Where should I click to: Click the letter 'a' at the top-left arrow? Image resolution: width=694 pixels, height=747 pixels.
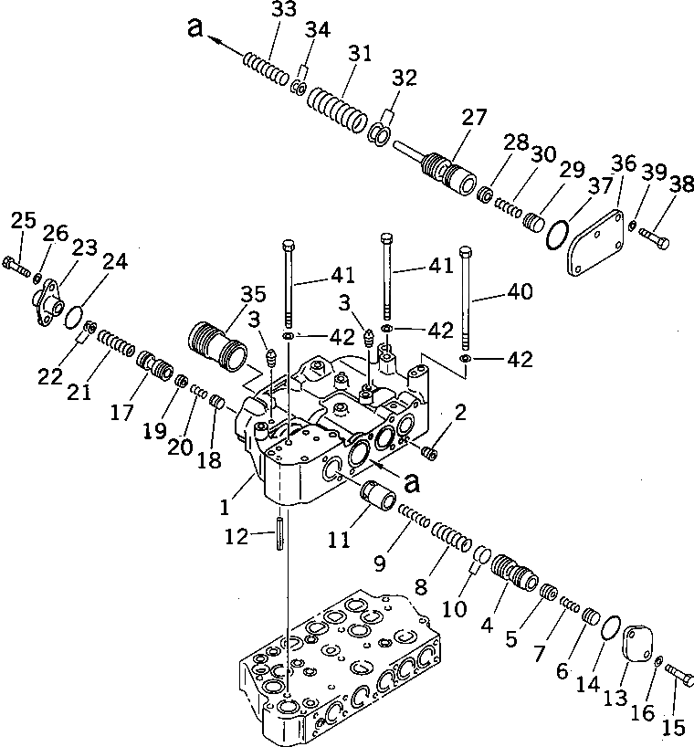click(193, 29)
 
